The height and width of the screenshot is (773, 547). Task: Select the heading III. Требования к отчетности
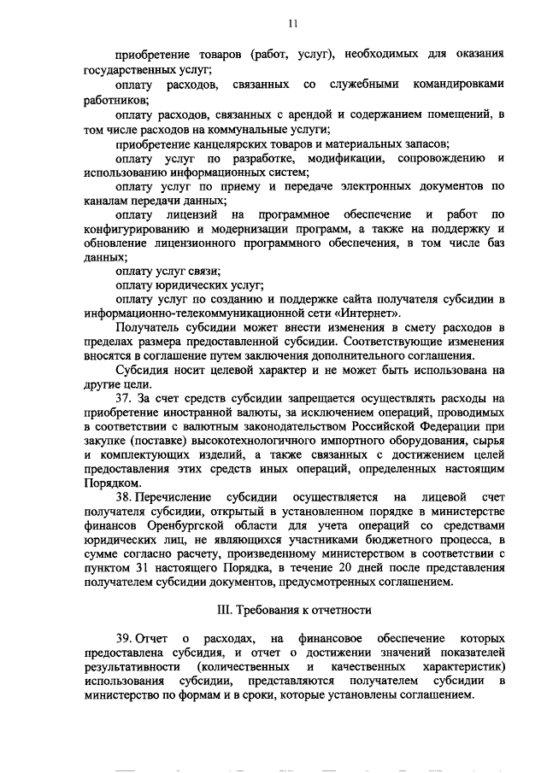[291, 610]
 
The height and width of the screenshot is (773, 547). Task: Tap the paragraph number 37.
[122, 399]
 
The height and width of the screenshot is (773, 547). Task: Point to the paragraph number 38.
[122, 496]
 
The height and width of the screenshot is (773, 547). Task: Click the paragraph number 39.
[122, 639]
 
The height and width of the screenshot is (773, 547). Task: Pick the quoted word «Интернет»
[373, 313]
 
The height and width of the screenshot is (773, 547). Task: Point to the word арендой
[304, 114]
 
